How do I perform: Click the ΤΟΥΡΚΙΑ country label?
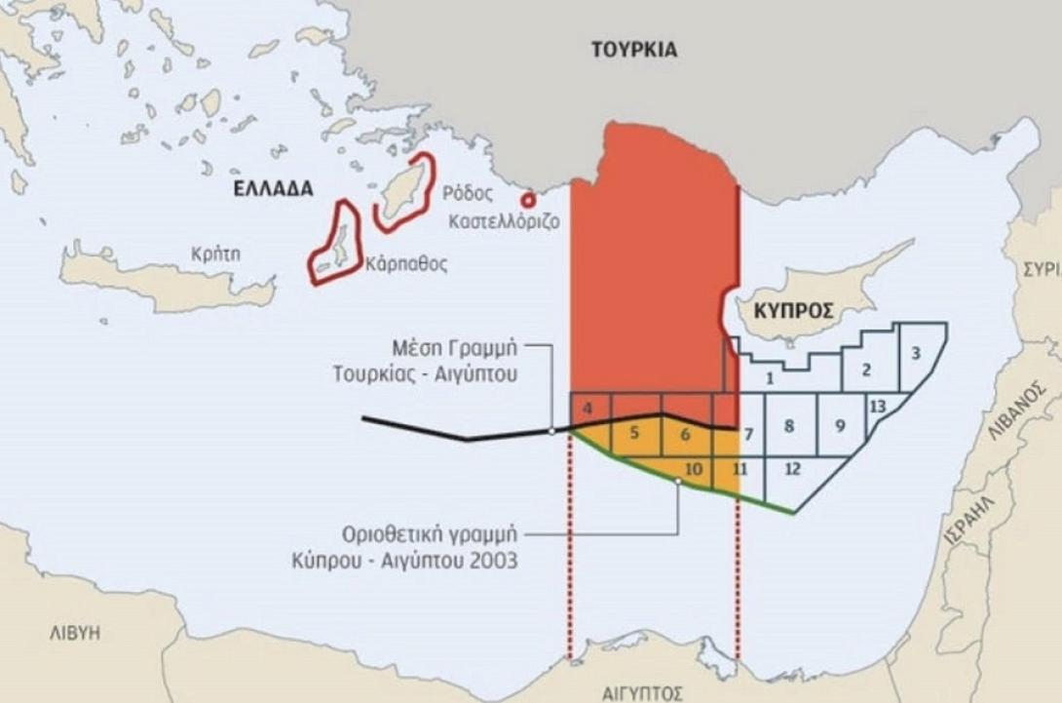click(633, 50)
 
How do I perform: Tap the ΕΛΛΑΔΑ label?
click(273, 189)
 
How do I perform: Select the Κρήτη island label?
click(215, 254)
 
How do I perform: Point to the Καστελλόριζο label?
click(504, 221)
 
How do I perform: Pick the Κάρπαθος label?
click(406, 264)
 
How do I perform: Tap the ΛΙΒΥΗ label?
click(75, 633)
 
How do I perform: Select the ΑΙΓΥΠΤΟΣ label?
click(642, 693)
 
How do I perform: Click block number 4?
click(587, 410)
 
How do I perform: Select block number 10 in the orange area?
click(694, 469)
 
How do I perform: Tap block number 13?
click(878, 406)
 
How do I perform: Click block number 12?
click(791, 469)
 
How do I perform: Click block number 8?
click(789, 425)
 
